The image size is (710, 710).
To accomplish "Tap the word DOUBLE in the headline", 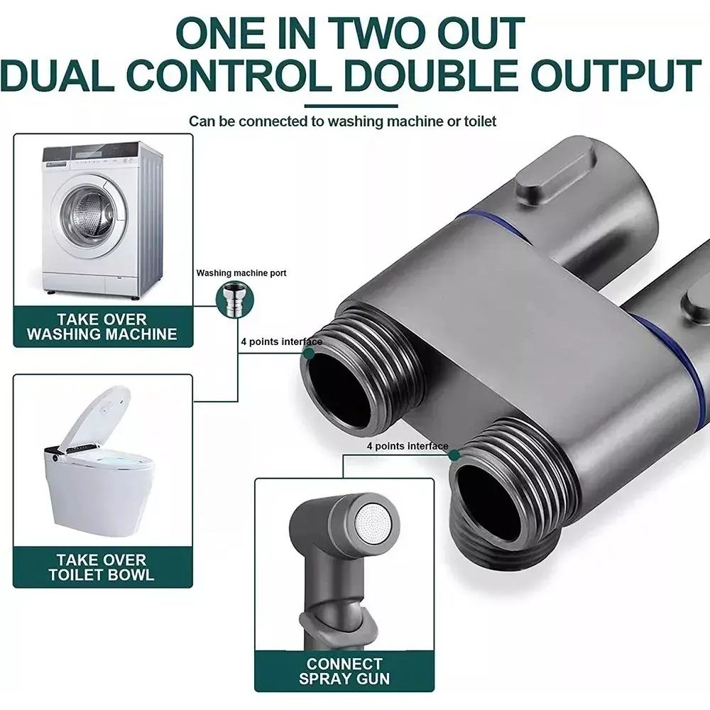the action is pos(431,75).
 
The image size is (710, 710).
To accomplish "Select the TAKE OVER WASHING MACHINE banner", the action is pos(103,327).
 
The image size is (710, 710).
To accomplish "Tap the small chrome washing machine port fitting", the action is pos(234,300).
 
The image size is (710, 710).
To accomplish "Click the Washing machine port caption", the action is pos(241,273).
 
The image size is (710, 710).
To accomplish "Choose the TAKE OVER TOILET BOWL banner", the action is pos(103,567).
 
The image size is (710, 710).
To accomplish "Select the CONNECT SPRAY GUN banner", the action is pos(344,672).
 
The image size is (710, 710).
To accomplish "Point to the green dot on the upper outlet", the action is pos(309,353).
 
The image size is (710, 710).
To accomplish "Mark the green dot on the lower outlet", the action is pos(454,455).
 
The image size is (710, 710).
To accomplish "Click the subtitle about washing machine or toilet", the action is pos(343,121).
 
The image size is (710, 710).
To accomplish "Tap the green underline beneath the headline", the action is pos(351,106).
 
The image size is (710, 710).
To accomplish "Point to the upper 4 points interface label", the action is pos(282,342).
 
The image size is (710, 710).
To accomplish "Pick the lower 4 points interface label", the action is pos(408,446).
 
